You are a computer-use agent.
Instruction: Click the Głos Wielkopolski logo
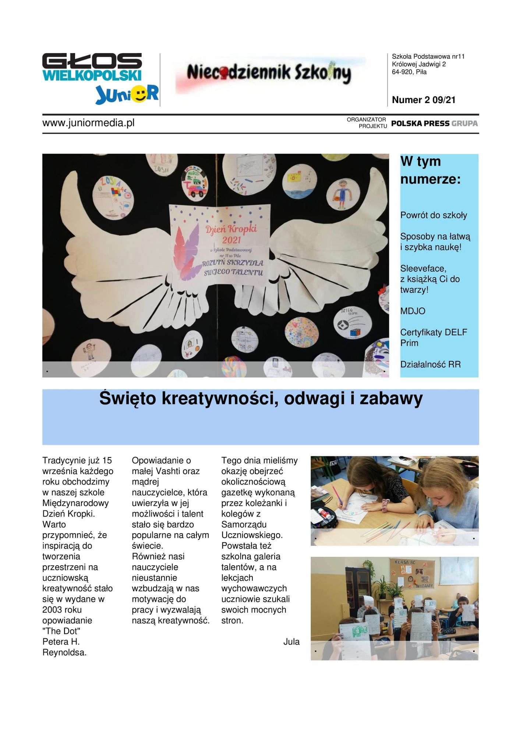click(x=92, y=67)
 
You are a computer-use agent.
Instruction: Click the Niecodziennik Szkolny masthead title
click(x=269, y=73)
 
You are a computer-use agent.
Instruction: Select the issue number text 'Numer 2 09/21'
click(x=424, y=100)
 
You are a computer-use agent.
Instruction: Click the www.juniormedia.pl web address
click(x=88, y=123)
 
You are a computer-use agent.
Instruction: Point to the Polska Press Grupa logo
click(x=434, y=124)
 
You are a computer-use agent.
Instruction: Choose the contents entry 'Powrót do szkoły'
click(x=434, y=215)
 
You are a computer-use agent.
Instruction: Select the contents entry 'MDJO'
click(x=413, y=311)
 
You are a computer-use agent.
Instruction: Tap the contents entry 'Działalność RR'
click(x=430, y=364)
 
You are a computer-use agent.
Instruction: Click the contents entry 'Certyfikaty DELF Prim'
click(x=434, y=337)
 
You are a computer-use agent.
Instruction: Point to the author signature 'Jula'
click(x=291, y=642)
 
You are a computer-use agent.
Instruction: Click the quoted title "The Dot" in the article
click(x=61, y=631)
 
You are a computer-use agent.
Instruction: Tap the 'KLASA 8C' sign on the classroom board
click(x=405, y=562)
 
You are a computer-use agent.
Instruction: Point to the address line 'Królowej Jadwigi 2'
click(x=418, y=64)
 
